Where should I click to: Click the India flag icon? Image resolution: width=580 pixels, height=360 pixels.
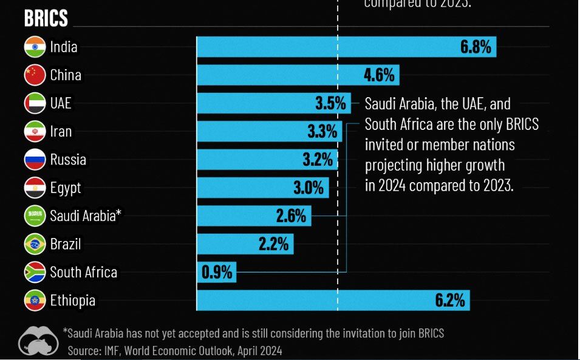click(x=35, y=47)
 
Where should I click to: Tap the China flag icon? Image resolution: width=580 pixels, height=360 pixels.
click(x=35, y=75)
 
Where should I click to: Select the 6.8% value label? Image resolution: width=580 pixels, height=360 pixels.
click(x=476, y=47)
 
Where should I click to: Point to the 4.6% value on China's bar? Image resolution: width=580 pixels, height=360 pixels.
click(x=379, y=75)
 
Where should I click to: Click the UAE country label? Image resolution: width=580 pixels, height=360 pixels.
click(x=61, y=103)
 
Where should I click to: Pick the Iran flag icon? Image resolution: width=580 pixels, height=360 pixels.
click(x=35, y=131)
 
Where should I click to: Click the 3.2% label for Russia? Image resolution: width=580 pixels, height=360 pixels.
click(x=318, y=160)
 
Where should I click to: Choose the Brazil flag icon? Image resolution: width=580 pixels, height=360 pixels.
click(x=35, y=244)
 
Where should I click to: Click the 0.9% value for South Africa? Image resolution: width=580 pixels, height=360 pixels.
click(x=217, y=273)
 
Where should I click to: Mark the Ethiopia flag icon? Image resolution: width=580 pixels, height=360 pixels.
click(x=35, y=301)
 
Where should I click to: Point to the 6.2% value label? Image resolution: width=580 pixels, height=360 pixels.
click(x=449, y=301)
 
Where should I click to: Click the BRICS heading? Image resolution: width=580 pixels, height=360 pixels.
click(x=46, y=19)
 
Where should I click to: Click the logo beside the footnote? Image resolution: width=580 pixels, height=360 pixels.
click(x=38, y=341)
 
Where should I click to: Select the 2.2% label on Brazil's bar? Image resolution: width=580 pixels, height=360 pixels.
click(x=274, y=244)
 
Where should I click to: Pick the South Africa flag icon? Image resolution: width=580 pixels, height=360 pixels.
click(x=35, y=273)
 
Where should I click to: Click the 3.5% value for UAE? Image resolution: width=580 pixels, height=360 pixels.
click(x=330, y=103)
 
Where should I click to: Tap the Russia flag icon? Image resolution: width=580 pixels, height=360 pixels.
click(x=35, y=160)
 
